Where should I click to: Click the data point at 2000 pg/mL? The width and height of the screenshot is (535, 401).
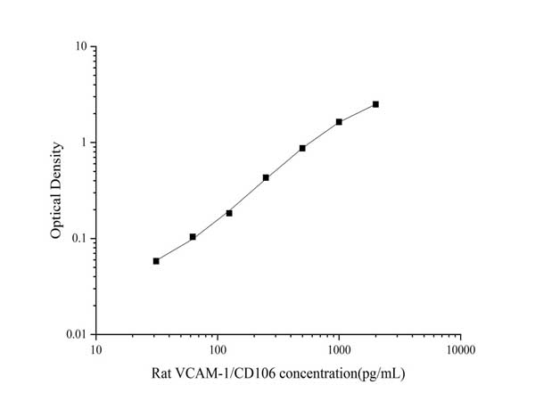click(x=375, y=104)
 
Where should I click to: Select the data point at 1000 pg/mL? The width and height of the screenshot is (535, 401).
click(x=339, y=121)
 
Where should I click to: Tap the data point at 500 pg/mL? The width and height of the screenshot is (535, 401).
click(x=302, y=148)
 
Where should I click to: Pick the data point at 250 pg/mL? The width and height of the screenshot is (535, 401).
click(x=266, y=177)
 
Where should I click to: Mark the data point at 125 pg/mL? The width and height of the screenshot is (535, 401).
click(x=229, y=213)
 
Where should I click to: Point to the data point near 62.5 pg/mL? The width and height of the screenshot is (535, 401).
click(x=193, y=237)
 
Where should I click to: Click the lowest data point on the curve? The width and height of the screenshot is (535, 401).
click(x=156, y=261)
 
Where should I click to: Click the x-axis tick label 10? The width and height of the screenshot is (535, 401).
click(x=95, y=350)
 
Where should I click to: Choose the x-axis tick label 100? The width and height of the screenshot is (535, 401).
click(x=217, y=350)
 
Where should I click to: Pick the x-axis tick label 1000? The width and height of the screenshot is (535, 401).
click(x=339, y=350)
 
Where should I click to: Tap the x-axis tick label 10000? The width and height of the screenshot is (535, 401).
click(x=460, y=350)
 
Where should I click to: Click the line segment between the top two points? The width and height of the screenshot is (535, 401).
click(x=357, y=112)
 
